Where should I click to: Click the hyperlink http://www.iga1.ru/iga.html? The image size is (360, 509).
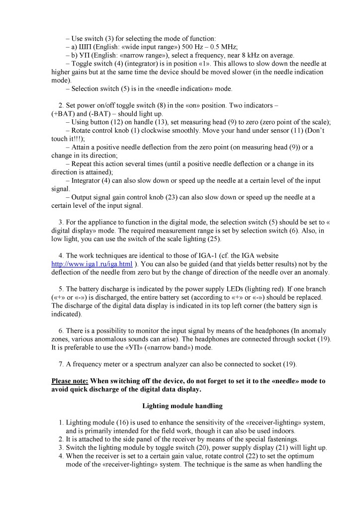click(x=92, y=263)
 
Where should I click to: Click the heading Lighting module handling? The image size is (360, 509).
click(x=182, y=406)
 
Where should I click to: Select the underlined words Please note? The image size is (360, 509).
click(x=70, y=381)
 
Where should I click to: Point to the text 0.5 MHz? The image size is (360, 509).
click(x=220, y=47)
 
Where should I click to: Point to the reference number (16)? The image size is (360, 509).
click(x=114, y=422)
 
